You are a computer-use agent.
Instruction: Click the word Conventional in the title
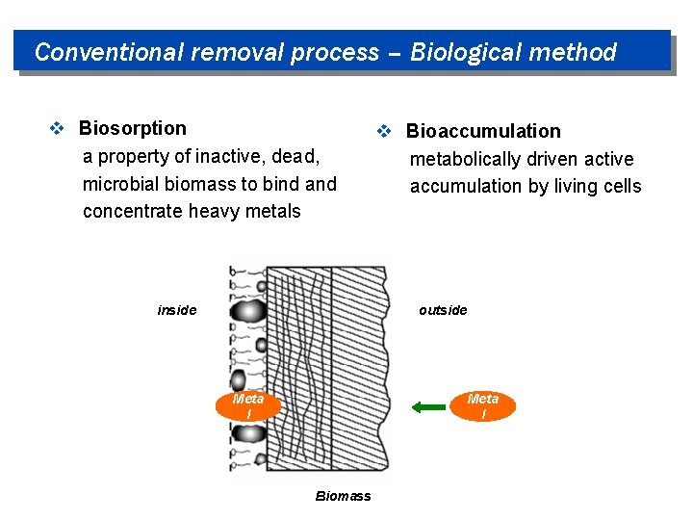109,52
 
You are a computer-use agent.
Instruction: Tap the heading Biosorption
133,128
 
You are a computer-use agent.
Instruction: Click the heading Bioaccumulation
483,131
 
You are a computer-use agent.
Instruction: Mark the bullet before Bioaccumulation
383,132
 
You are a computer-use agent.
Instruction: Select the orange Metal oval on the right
483,406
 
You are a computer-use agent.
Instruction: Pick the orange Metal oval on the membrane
248,406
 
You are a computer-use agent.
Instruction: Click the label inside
177,310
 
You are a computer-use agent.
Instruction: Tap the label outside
443,310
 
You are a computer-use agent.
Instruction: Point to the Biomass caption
343,496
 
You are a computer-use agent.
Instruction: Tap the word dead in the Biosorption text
297,156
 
